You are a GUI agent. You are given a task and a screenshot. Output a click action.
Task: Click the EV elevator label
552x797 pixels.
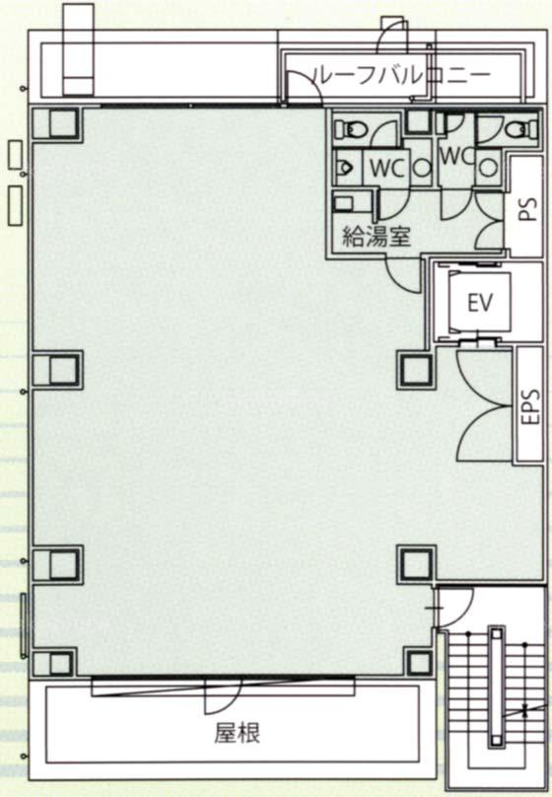[480, 304]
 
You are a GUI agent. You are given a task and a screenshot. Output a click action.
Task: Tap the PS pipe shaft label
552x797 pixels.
[529, 209]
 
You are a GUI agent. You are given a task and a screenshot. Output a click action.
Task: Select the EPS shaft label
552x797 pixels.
[530, 406]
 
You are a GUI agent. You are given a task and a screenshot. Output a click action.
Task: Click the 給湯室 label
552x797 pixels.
[377, 236]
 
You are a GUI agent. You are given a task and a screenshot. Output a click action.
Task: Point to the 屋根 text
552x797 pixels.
[238, 734]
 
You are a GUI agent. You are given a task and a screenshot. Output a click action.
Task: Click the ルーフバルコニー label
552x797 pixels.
[402, 75]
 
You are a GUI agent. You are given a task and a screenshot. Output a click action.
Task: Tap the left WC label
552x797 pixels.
[387, 169]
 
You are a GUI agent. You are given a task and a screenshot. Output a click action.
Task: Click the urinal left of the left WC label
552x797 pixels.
[347, 168]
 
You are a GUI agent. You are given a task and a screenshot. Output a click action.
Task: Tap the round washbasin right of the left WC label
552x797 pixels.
[422, 168]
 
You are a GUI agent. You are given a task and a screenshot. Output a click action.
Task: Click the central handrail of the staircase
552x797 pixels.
[496, 688]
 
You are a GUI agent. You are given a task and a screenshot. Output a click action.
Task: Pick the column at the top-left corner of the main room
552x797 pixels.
[60, 124]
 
